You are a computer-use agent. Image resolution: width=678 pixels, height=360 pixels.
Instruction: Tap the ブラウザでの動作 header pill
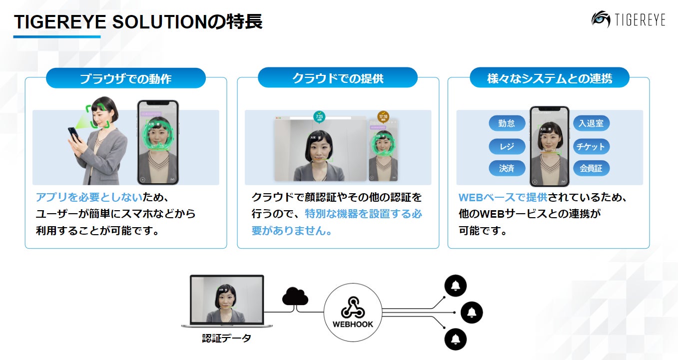pos(125,78)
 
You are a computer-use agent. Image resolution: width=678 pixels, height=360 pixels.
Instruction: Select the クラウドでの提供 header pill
pos(338,78)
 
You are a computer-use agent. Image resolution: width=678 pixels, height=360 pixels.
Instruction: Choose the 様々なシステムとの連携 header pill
pos(549,78)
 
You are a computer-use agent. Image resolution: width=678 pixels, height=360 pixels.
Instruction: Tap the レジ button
pos(507,146)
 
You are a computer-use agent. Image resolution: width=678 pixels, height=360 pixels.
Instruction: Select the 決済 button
pos(507,168)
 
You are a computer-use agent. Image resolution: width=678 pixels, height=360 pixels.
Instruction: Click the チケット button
pos(591,146)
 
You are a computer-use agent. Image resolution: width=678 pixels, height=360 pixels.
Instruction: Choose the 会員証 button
pos(591,168)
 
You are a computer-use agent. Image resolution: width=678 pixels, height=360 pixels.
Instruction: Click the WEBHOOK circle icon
pos(353,313)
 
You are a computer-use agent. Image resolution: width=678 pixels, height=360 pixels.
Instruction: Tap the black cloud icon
pos(295,296)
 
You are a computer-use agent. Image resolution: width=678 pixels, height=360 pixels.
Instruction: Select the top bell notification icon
pos(455,286)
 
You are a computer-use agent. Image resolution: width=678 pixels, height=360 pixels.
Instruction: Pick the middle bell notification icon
pos(471,313)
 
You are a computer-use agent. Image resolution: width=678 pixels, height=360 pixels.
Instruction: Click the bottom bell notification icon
pos(455,340)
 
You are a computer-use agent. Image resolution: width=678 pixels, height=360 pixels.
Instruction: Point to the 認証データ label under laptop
pos(227,339)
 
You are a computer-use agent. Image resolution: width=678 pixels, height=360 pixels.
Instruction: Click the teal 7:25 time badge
pos(319,117)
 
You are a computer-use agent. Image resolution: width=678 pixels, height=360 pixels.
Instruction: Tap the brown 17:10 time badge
pos(383,117)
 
